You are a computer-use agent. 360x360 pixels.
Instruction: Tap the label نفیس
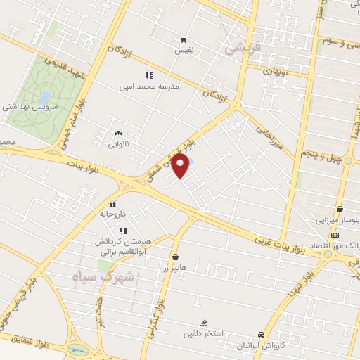click(x=184, y=51)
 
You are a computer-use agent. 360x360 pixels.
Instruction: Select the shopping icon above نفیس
click(x=184, y=40)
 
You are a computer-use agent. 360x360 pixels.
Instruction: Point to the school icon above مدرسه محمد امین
click(x=149, y=75)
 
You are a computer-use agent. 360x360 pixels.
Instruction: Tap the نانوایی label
click(x=117, y=145)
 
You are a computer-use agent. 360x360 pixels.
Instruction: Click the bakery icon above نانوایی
click(x=117, y=134)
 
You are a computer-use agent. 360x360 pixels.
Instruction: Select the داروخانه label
click(x=112, y=213)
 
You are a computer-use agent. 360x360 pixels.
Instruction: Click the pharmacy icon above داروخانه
click(x=112, y=203)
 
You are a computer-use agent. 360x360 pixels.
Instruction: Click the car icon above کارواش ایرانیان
click(x=261, y=335)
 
